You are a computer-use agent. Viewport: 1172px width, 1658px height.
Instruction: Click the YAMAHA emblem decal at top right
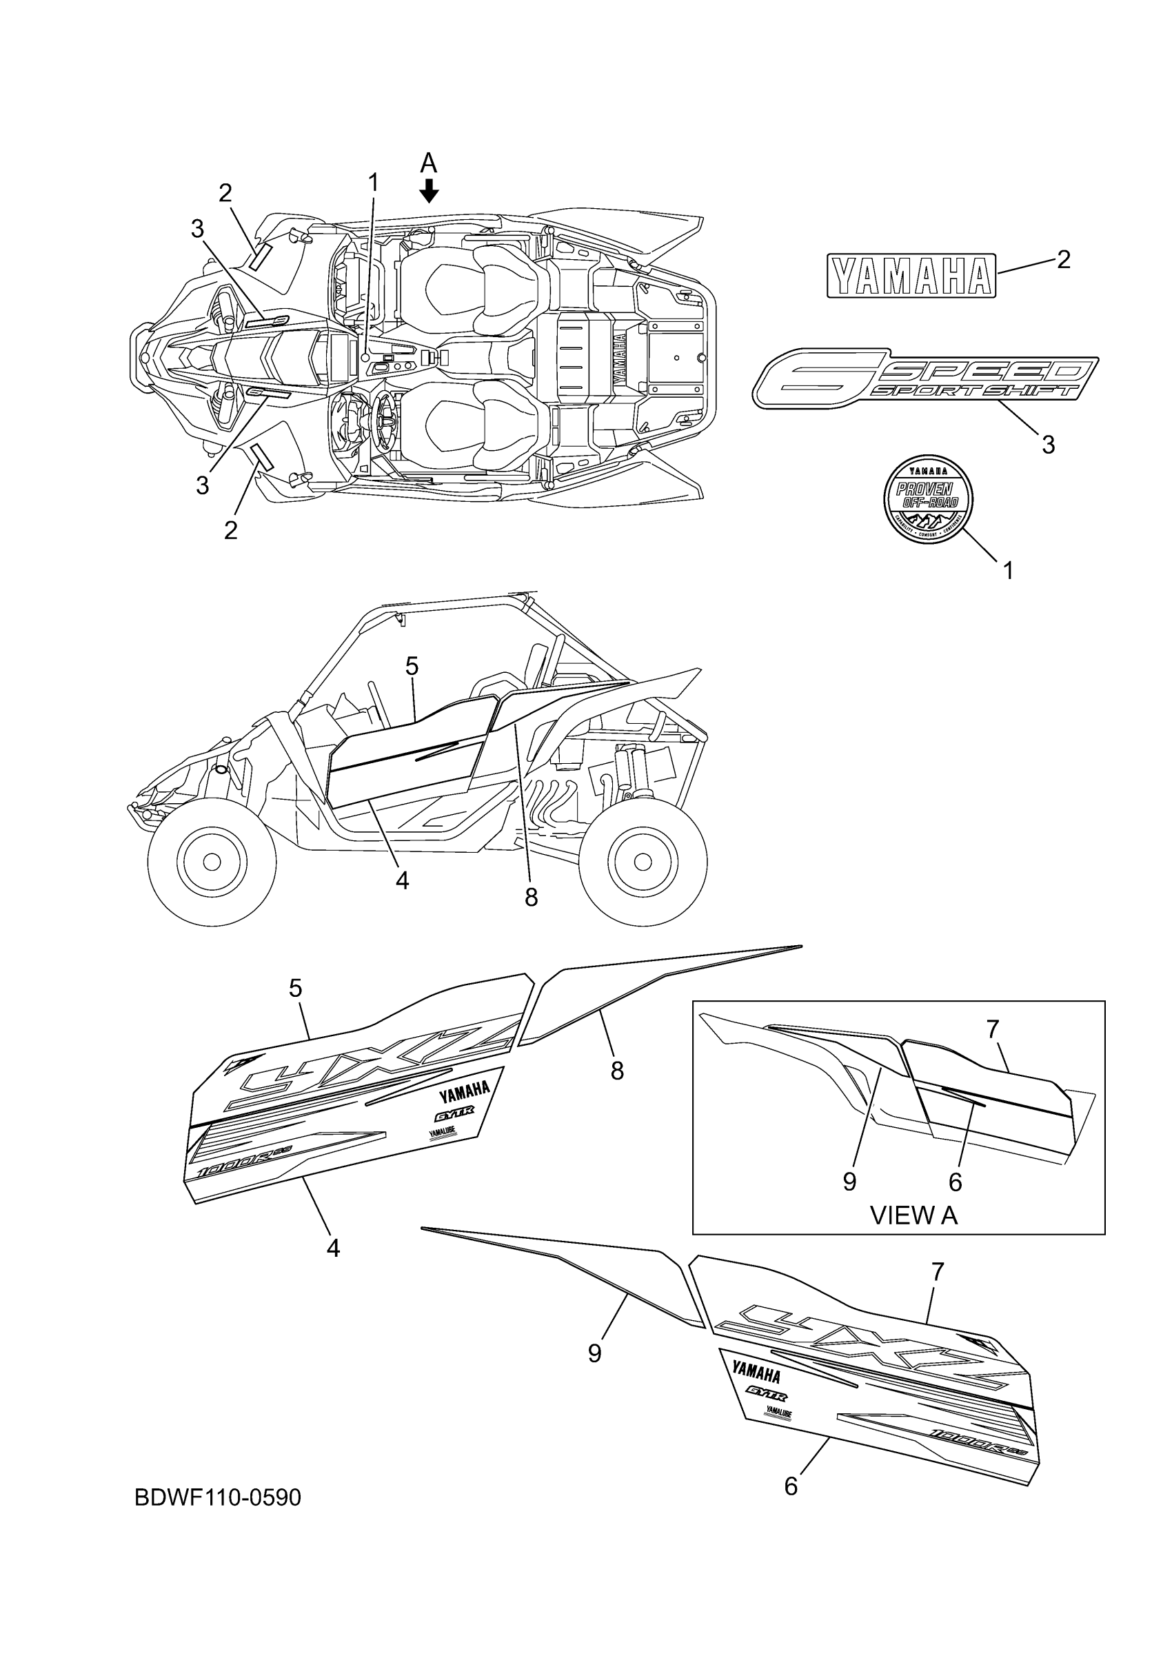pos(911,275)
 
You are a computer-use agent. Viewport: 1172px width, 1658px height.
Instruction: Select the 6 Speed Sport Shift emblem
pos(925,378)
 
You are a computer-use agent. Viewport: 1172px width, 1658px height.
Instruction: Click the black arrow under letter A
pos(429,192)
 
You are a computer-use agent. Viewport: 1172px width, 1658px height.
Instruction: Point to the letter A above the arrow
pos(429,163)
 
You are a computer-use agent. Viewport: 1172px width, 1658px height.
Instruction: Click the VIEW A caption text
pos(913,1215)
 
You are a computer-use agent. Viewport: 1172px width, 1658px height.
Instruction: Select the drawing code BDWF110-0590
pos(217,1497)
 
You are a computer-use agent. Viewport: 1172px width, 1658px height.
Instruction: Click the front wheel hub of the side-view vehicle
pos(212,862)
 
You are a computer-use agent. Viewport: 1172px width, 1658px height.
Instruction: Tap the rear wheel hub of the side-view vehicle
pos(643,862)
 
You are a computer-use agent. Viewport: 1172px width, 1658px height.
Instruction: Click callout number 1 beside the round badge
pos(1009,571)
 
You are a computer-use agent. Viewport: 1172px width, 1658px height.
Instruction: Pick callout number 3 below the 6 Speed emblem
pos(1049,444)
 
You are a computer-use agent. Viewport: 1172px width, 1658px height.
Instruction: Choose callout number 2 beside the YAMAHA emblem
pos(1063,259)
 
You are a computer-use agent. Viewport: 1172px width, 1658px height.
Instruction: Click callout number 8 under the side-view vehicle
pos(532,898)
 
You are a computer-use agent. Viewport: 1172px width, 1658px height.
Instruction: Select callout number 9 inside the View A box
pos(850,1182)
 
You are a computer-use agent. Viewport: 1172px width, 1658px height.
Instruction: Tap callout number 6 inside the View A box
pos(955,1182)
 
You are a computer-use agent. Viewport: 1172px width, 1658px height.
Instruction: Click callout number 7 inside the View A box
pos(993,1029)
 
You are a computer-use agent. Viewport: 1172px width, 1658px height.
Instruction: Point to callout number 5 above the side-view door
pos(412,666)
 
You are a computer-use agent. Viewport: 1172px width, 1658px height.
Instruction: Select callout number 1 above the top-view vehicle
pos(374,183)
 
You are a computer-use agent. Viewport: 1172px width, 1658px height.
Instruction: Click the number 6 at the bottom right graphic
pos(791,1486)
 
